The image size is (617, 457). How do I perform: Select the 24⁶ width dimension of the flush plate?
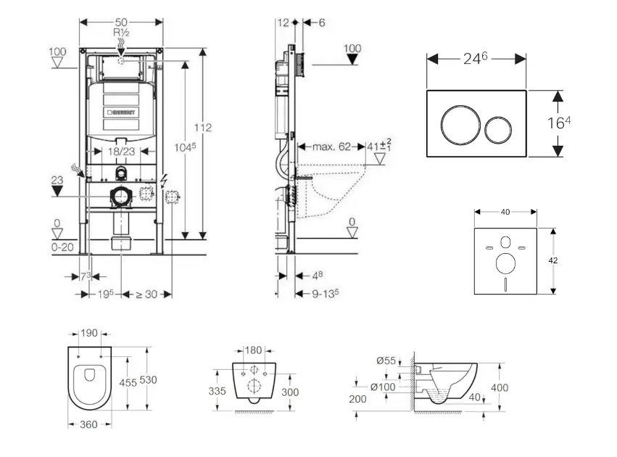pos(475,59)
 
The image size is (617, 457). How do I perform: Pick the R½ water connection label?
pos(120,33)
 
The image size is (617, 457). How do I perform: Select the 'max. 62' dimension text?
pos(331,147)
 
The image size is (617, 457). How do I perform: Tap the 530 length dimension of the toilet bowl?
pos(149,379)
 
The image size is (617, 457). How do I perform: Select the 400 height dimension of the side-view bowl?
pos(500,387)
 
